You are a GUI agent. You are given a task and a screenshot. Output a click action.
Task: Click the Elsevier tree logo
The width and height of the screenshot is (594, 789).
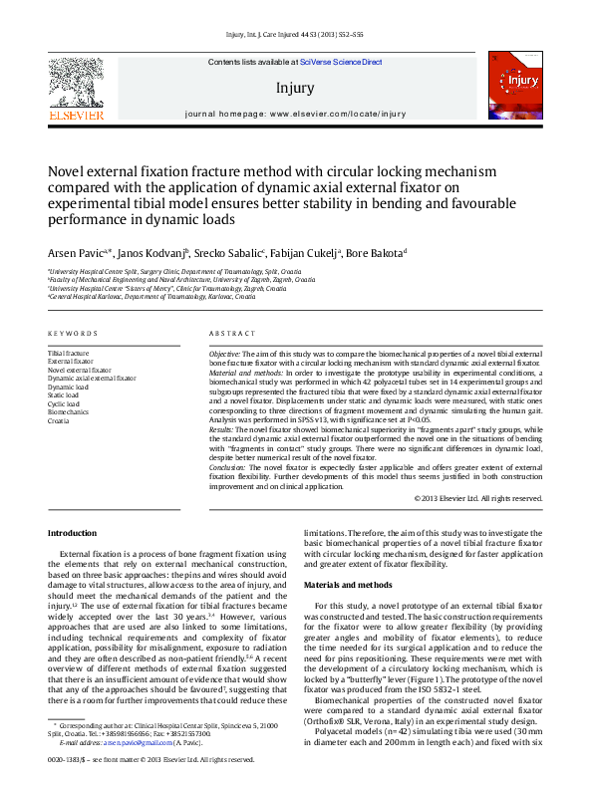click(x=77, y=86)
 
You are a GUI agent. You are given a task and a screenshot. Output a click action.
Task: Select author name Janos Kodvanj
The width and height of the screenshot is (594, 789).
click(x=149, y=253)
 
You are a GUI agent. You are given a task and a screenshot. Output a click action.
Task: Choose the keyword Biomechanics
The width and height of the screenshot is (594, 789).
click(x=68, y=410)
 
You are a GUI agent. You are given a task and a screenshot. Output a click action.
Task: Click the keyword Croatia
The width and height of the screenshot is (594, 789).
click(x=59, y=419)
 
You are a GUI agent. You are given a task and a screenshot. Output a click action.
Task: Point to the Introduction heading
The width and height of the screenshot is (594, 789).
click(x=73, y=533)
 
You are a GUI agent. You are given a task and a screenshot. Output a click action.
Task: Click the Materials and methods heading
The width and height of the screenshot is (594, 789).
click(x=349, y=584)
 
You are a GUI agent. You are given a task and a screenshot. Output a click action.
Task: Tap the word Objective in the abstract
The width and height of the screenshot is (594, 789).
click(x=224, y=354)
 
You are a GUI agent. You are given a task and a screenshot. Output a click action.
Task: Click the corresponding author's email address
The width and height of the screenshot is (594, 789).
click(x=134, y=743)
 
